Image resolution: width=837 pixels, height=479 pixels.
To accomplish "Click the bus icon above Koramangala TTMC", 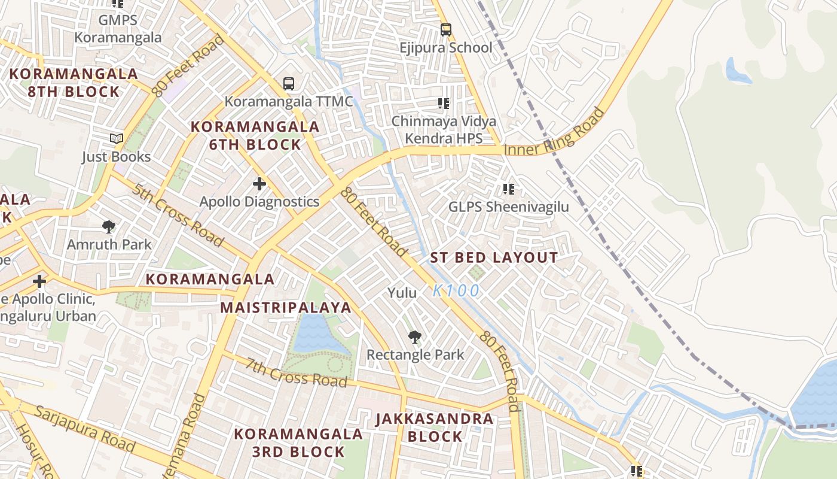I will pos(289,83).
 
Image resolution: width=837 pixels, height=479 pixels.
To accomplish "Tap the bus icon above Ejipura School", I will pos(445,29).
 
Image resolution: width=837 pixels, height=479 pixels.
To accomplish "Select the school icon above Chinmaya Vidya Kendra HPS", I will pos(443,104).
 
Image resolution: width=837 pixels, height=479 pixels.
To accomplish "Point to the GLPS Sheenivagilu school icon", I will pos(509,189).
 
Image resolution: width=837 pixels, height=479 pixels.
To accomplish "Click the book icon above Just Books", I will pos(116,138).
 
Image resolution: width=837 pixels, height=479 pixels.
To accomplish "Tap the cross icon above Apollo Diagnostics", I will pos(259,183).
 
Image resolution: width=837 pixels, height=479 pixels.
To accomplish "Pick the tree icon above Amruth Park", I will pos(108,226).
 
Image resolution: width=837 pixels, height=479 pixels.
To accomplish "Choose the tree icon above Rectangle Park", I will pos(414,336).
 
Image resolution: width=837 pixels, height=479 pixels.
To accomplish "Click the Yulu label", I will pos(402,293).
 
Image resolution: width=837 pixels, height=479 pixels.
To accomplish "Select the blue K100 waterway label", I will pos(456,291).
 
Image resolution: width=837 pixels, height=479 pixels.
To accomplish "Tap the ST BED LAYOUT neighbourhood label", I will pos(494,258).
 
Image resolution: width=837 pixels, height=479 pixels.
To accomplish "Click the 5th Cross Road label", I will pos(178,215).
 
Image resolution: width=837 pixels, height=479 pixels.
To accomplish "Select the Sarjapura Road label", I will pos(84,428).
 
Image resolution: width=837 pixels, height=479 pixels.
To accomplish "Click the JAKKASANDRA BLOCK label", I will pos(435,428).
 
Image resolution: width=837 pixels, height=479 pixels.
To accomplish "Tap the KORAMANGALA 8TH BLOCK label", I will pos(74,83).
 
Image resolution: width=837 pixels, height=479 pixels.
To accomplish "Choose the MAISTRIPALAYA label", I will pos(286,308).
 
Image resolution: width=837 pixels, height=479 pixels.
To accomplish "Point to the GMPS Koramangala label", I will pos(118,29).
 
